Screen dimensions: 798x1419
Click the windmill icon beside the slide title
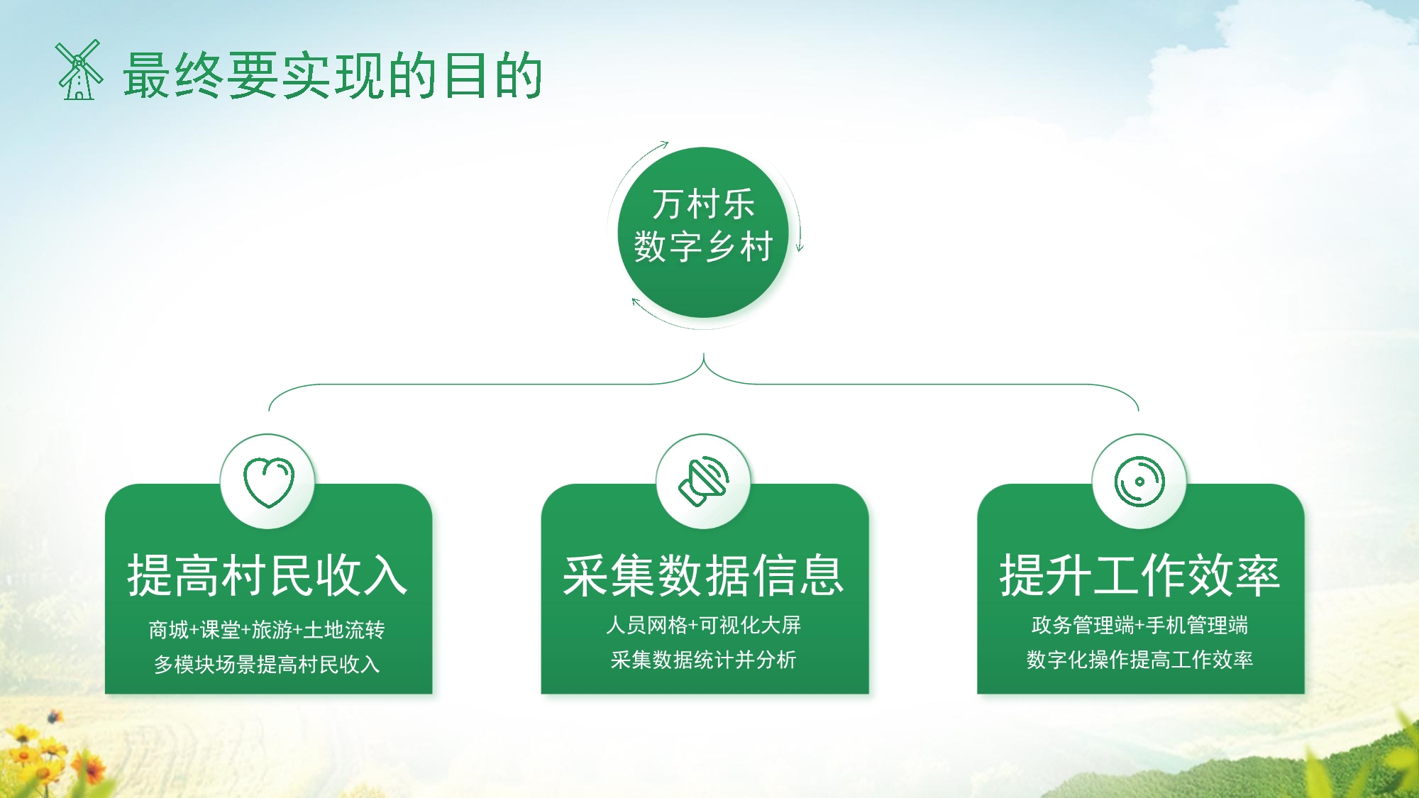[79, 71]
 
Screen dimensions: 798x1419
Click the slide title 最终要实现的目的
[333, 75]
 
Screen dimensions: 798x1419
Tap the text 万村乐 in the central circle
[703, 204]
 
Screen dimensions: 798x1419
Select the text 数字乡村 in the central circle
[703, 247]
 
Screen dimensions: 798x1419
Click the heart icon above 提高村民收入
[268, 482]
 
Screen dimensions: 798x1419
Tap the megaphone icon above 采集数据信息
[703, 482]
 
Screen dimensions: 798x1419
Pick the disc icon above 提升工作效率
[1139, 482]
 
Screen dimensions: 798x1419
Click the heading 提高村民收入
[267, 575]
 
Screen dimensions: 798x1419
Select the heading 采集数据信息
[703, 575]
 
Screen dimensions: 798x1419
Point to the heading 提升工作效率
[1139, 575]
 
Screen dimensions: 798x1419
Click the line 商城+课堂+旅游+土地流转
[267, 629]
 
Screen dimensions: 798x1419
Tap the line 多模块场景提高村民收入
[267, 664]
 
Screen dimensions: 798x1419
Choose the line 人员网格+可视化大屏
[703, 625]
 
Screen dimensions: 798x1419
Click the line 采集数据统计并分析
[703, 660]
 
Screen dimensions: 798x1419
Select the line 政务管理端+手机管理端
[1139, 625]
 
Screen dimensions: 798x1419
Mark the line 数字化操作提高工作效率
[1139, 660]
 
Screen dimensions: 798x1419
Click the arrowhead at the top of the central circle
[664, 145]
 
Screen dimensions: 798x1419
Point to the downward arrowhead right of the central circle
[800, 247]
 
